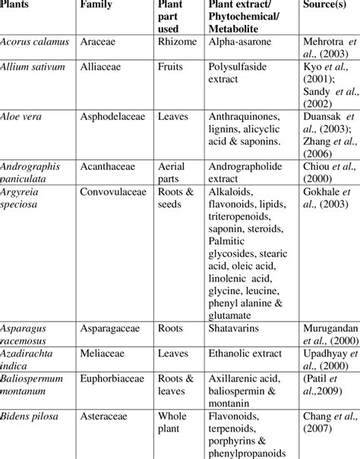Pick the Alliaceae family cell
[x=101, y=67]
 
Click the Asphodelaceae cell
[x=112, y=117]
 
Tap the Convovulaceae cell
[x=113, y=191]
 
